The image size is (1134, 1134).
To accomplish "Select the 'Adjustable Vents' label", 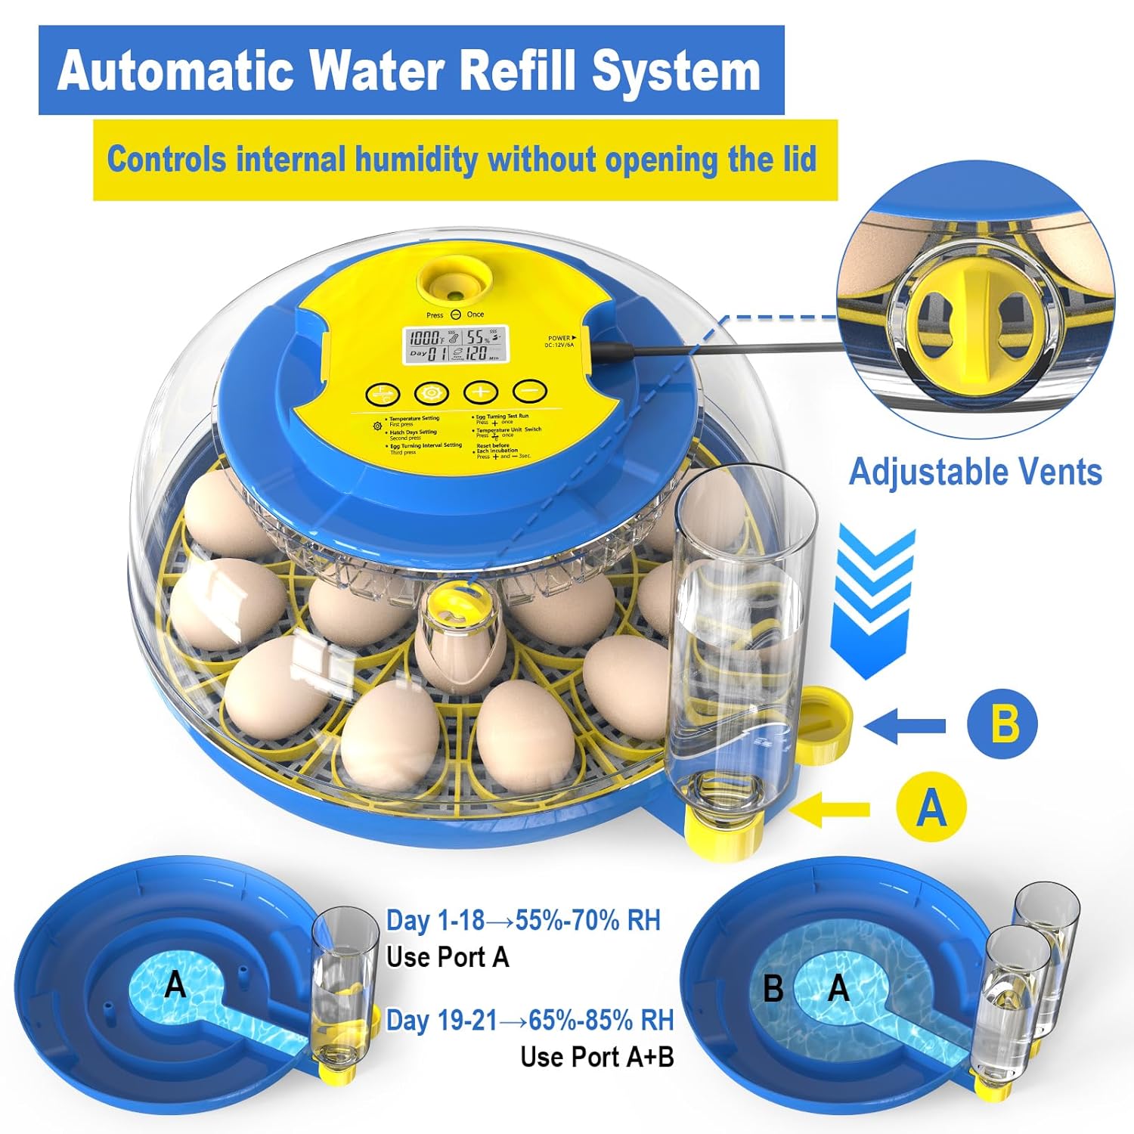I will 975,472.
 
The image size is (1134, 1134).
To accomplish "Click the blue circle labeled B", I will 1002,723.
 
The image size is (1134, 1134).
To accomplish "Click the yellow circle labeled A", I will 931,807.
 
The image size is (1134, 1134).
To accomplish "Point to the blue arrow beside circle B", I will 903,726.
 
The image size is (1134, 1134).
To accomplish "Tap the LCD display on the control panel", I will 454,345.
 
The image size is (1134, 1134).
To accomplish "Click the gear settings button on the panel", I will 432,392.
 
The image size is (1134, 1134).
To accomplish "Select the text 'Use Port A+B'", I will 596,1056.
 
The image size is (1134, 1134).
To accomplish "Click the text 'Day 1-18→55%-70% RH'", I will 523,920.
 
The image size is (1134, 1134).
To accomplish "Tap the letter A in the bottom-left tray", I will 175,984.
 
